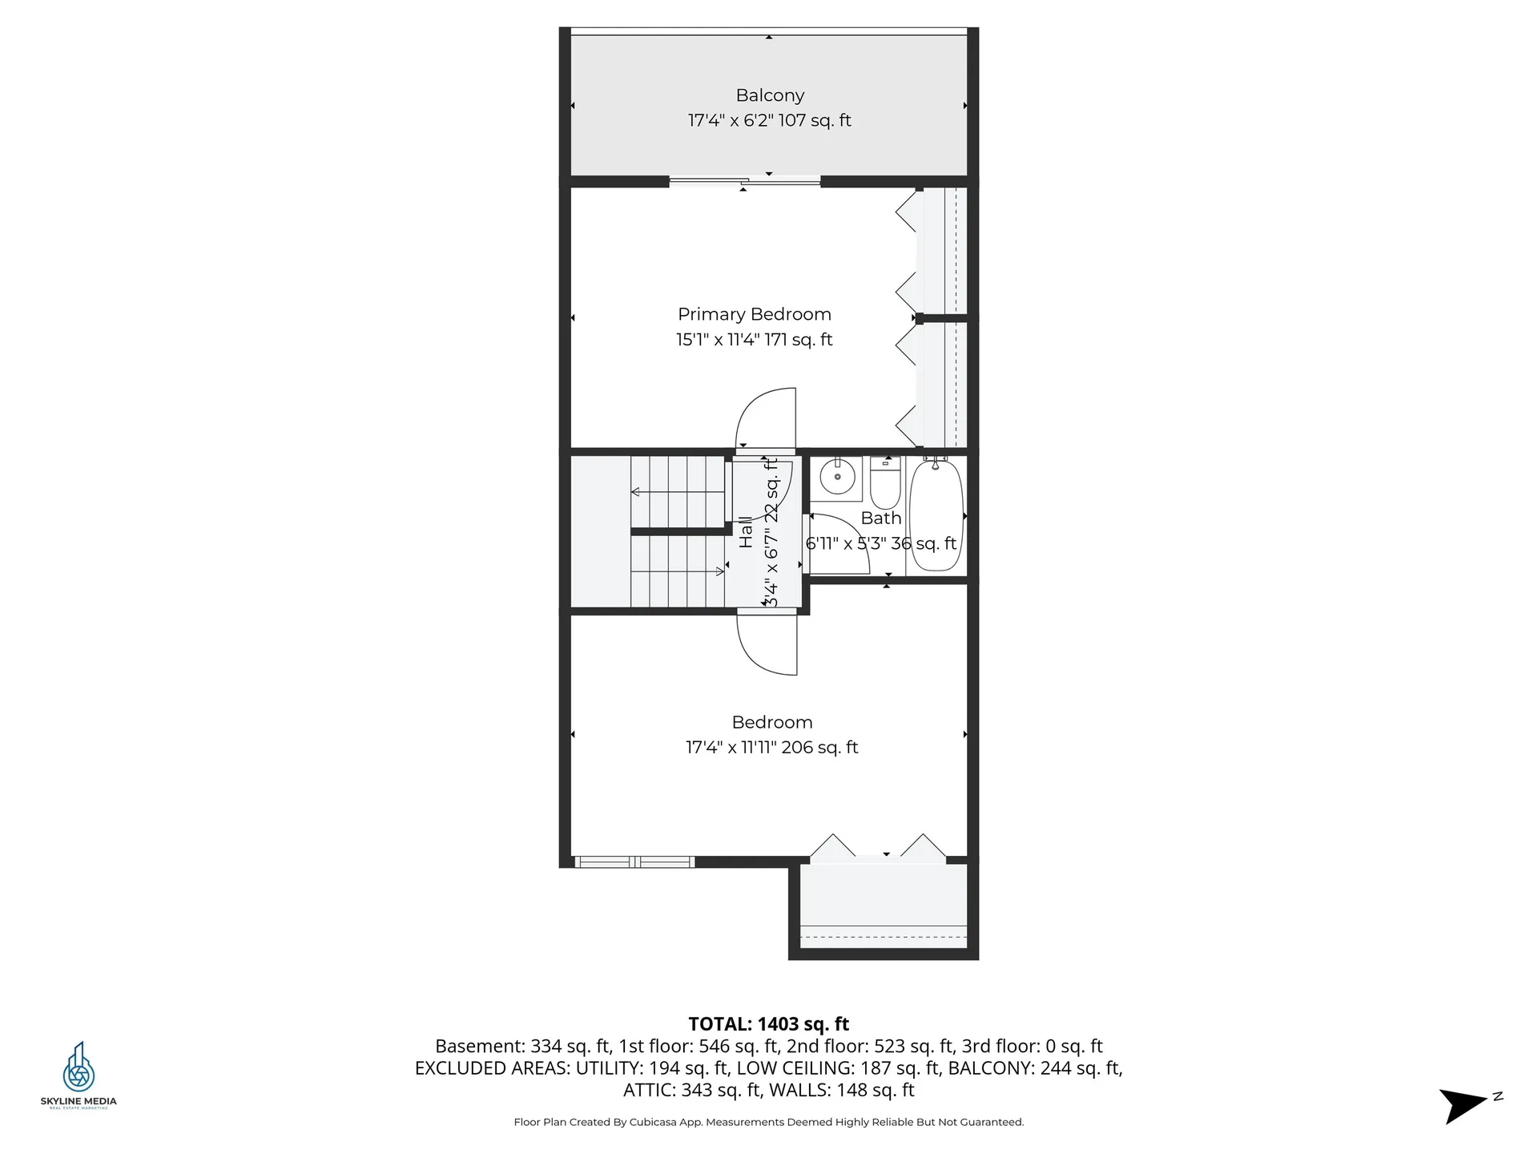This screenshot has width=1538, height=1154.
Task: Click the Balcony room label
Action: (x=770, y=95)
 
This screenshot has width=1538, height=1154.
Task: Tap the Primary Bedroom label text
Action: (x=754, y=314)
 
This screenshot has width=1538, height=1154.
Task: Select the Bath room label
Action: (x=880, y=518)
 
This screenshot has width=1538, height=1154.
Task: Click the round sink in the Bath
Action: (x=837, y=478)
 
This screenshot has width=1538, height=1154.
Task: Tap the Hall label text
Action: (x=746, y=532)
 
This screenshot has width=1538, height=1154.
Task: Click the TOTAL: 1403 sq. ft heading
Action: (x=768, y=1023)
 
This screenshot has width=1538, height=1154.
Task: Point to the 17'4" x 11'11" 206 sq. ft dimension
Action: (x=771, y=748)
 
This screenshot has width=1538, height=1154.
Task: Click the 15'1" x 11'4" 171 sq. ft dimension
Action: (x=754, y=340)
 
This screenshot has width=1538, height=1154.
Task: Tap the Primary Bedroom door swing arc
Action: (x=765, y=417)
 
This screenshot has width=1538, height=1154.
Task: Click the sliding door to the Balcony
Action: (x=745, y=182)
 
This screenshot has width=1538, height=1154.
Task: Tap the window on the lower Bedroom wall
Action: (x=634, y=862)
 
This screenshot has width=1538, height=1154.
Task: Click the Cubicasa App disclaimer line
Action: (x=768, y=1122)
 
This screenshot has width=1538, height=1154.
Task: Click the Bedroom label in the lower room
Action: (x=771, y=722)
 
